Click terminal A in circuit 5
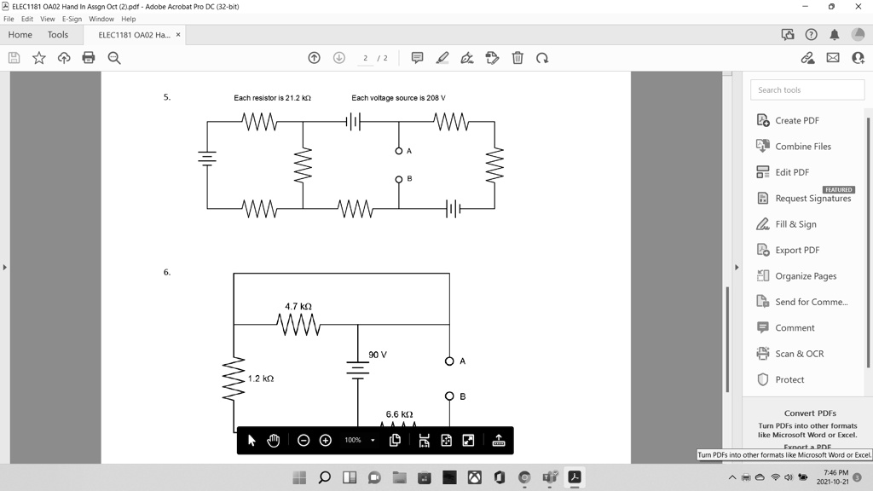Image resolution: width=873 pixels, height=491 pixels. point(398,151)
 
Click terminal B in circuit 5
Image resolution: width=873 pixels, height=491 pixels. point(398,180)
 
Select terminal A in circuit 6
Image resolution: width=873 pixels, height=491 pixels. point(449,361)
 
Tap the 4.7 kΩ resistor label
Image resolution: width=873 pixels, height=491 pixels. point(298,306)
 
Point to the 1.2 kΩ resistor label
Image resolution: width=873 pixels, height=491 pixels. point(261,378)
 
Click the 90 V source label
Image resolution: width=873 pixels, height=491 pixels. point(378,355)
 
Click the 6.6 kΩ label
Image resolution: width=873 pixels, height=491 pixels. point(399,414)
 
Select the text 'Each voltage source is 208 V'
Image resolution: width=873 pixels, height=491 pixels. point(398,98)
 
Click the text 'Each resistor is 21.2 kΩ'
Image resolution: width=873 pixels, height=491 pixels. point(272,98)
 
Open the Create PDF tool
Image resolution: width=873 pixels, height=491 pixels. point(796,120)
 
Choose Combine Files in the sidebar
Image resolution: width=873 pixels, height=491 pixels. point(802,147)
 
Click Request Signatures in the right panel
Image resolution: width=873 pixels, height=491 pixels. point(812,199)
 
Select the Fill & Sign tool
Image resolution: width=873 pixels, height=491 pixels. point(795,224)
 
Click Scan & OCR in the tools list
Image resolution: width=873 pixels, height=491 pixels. point(799,354)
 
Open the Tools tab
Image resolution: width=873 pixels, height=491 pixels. point(58,35)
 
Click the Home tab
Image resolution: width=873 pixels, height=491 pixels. point(20,35)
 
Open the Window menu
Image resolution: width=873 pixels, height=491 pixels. point(101,19)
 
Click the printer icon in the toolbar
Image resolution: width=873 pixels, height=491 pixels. point(89,58)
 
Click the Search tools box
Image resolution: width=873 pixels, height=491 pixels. point(807,90)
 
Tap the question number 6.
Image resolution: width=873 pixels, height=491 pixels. point(167,273)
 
